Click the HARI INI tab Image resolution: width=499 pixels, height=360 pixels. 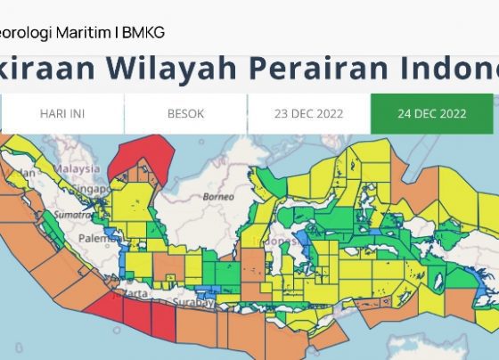pos(62,114)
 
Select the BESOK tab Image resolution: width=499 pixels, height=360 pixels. pos(185,114)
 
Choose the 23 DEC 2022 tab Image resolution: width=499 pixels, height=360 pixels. pos(308,114)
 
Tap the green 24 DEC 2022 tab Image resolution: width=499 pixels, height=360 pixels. pos(431,114)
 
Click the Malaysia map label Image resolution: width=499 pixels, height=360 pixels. pos(75,167)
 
